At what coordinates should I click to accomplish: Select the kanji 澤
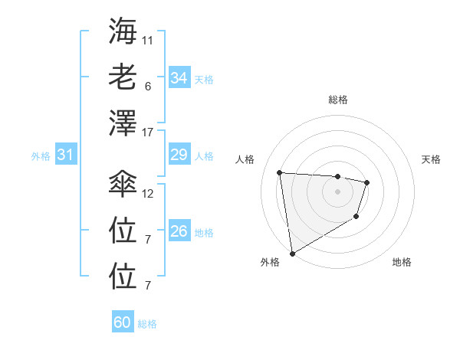point(123,122)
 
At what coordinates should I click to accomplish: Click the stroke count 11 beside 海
point(148,39)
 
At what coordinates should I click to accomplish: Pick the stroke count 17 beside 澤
point(148,133)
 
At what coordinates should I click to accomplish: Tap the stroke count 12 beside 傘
point(148,193)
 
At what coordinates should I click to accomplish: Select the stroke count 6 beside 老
point(147,86)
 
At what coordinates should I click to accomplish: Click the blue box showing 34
point(179,78)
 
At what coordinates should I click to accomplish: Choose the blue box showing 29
point(179,155)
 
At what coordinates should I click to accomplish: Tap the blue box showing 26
point(179,231)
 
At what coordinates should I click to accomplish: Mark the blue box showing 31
point(65,155)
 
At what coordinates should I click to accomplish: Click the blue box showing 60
point(123,322)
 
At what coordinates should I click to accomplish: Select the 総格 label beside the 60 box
point(147,324)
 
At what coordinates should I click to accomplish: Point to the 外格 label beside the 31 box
point(41,156)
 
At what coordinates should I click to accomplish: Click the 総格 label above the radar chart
point(337,100)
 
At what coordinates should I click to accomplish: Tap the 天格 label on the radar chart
point(432,159)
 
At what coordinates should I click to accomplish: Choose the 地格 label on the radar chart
point(402,262)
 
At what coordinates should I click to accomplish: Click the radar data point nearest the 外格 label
point(292,253)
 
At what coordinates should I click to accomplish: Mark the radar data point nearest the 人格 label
point(279,172)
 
